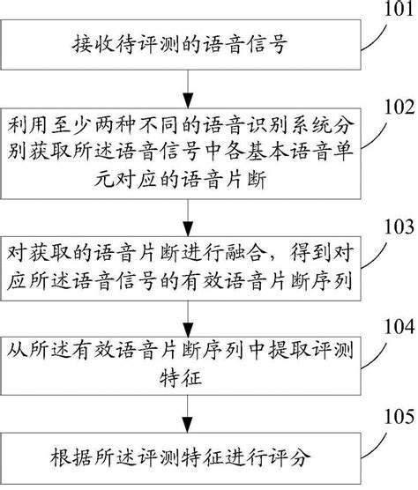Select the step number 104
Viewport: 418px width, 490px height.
[394, 329]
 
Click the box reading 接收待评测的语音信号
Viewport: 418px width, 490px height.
[187, 44]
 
